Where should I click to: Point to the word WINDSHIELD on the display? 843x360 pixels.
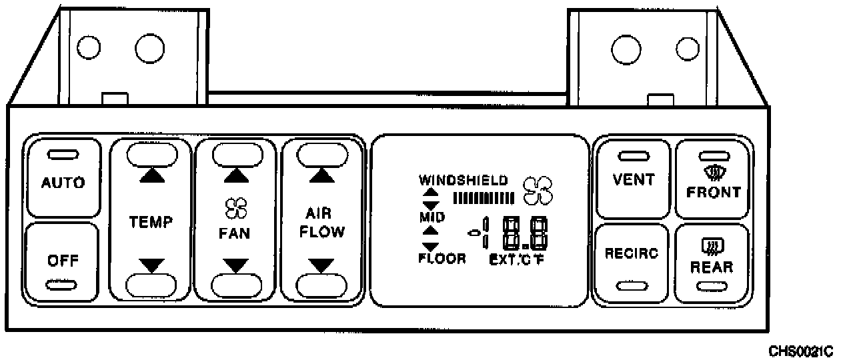tap(464, 180)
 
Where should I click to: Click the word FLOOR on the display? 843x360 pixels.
tap(442, 259)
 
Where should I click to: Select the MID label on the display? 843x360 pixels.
tap(432, 217)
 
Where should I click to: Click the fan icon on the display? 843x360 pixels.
tap(538, 190)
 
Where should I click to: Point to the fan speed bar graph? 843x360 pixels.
tap(484, 197)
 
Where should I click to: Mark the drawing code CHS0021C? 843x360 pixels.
tap(800, 351)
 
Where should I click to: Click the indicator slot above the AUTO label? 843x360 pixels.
tap(63, 156)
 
